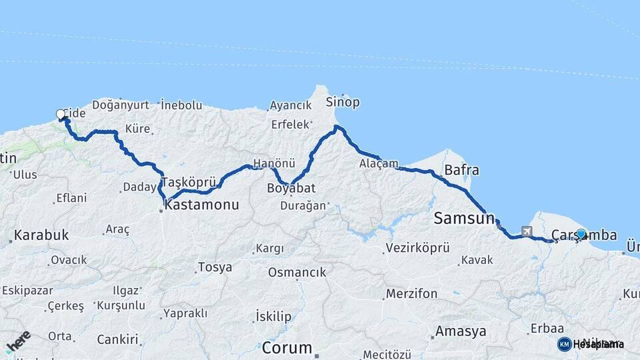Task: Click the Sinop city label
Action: click(343, 102)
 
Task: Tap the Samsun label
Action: click(464, 217)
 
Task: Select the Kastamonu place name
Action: click(201, 205)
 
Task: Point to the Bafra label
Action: click(461, 170)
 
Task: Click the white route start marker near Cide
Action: click(61, 115)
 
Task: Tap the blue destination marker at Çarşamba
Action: click(581, 234)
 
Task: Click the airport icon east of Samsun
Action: click(529, 231)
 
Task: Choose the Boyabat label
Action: click(291, 187)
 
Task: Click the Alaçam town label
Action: click(378, 163)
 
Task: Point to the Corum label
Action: click(287, 347)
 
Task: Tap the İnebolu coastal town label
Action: click(181, 105)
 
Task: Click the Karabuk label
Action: click(41, 235)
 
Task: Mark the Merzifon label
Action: click(411, 293)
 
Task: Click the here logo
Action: click(18, 341)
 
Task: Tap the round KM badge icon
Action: click(564, 344)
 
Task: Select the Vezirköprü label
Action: click(417, 248)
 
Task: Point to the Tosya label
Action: click(215, 267)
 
